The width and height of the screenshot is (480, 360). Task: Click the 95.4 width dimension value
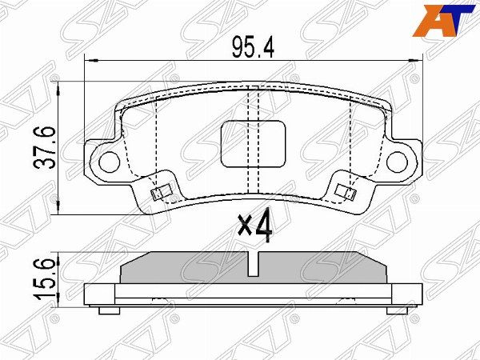point(253,46)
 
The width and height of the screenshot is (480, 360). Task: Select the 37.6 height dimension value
point(44,148)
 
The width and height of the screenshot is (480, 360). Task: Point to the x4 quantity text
point(255,225)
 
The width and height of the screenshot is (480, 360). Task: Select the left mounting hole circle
point(110,162)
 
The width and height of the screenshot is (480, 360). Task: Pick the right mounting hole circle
point(397,162)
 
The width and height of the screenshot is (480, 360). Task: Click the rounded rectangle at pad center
point(253,144)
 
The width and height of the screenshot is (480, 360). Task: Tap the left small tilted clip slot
point(160,193)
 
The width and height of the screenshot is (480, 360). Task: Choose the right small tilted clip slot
point(346,191)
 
